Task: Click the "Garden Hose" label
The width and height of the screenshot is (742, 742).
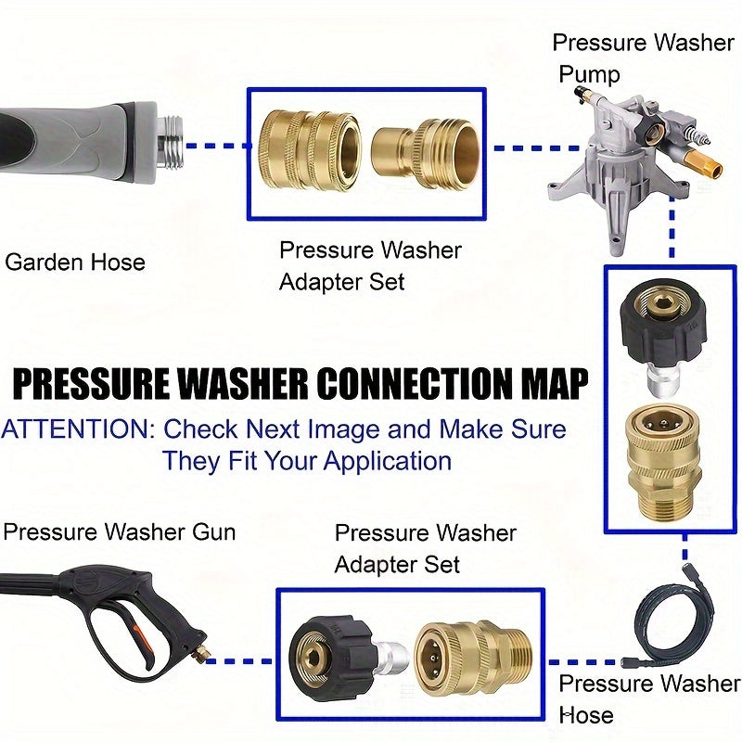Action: [x=75, y=262]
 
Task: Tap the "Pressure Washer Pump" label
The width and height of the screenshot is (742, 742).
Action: [x=642, y=58]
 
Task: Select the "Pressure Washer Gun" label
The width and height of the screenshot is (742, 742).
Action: [x=119, y=532]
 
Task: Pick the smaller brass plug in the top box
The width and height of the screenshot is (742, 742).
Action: [x=425, y=148]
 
